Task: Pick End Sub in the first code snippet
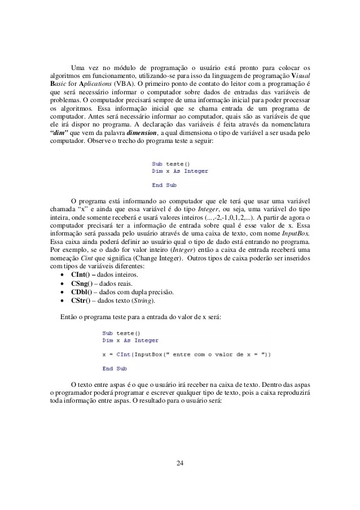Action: click(x=164, y=184)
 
